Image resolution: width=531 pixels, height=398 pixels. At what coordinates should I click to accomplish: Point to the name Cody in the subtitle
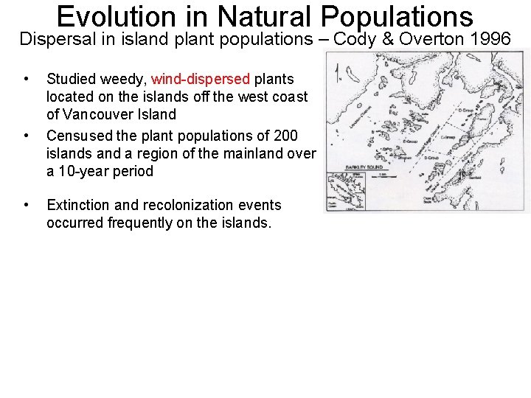coord(355,39)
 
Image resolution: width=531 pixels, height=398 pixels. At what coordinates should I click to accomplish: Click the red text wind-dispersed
coord(201,79)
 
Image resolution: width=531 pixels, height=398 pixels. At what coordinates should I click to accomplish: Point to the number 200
coord(285,136)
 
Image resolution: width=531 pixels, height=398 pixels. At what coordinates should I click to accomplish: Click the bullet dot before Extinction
coord(27,205)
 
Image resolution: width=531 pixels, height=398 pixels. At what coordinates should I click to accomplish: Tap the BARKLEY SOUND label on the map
coord(361,168)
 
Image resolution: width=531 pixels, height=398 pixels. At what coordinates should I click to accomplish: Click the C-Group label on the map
coord(448,137)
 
